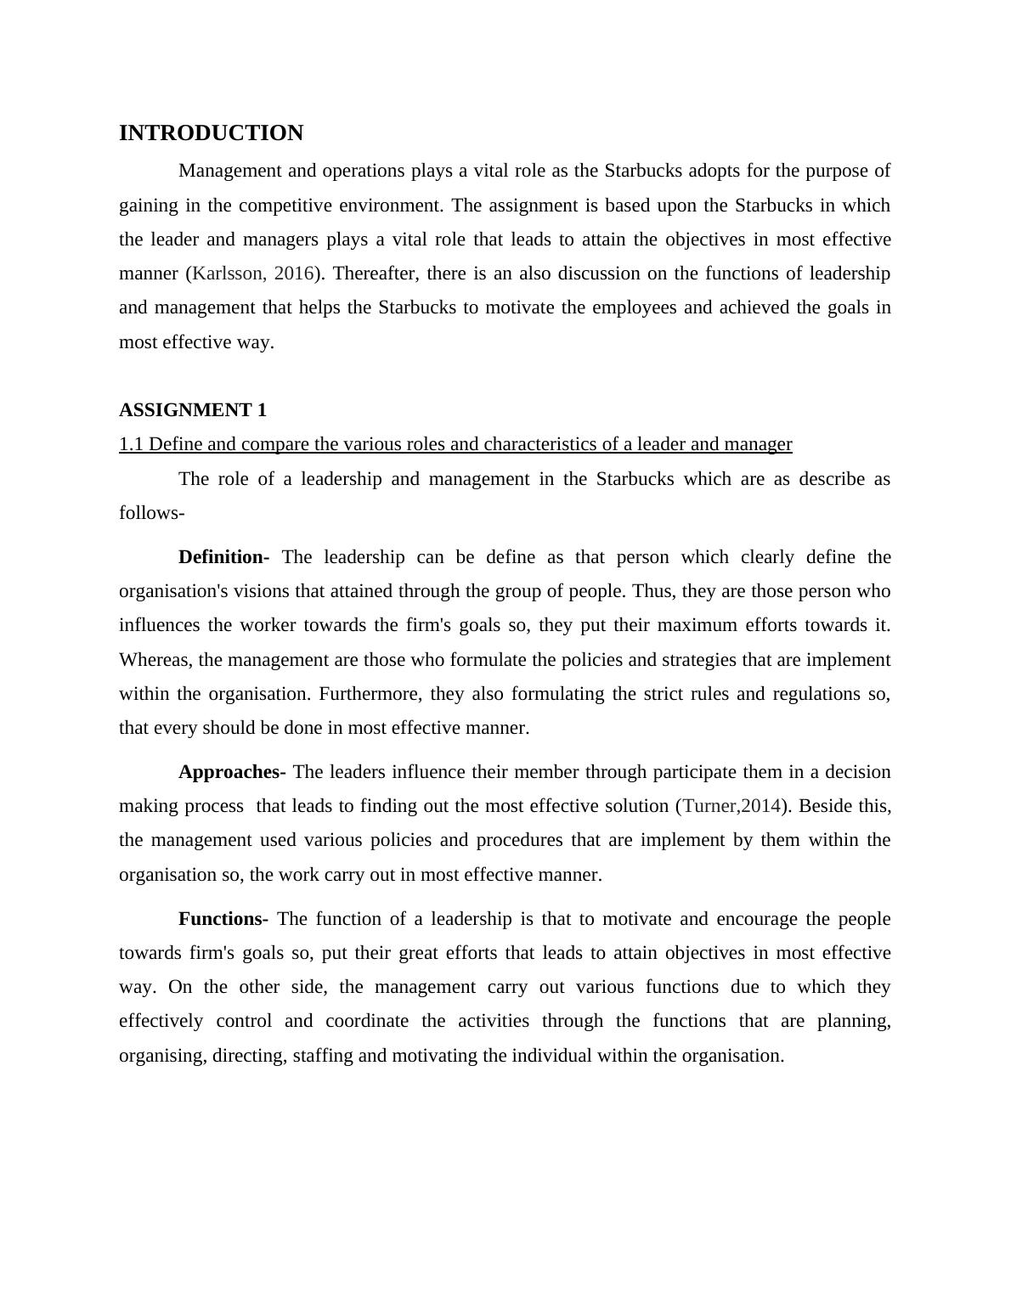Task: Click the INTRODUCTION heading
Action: tap(211, 133)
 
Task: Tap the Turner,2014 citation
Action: tap(731, 806)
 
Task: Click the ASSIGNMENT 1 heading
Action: tap(193, 410)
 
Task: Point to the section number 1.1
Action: tap(132, 444)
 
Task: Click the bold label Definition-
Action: tap(223, 557)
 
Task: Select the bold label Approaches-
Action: tap(232, 772)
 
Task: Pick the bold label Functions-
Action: tap(223, 919)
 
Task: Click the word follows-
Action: tap(152, 513)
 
